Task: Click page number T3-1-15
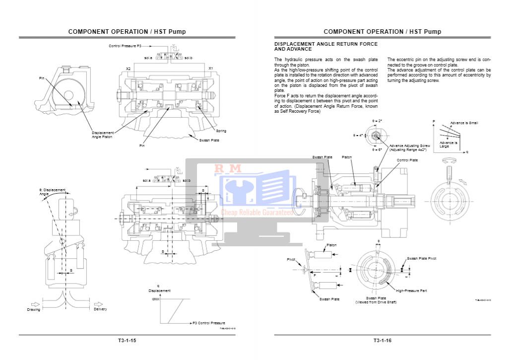(x=127, y=341)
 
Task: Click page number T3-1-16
(x=382, y=341)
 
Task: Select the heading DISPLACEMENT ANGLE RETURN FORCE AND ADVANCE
(x=326, y=47)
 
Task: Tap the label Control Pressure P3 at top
(x=125, y=46)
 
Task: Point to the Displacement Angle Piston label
(x=103, y=135)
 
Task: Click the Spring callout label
(x=221, y=131)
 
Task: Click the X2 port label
(x=128, y=69)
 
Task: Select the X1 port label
(x=211, y=69)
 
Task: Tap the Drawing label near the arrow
(x=34, y=309)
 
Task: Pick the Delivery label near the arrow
(x=100, y=309)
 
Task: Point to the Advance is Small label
(x=464, y=123)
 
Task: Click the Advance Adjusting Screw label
(x=409, y=146)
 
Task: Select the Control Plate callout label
(x=407, y=160)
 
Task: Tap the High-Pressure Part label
(x=412, y=290)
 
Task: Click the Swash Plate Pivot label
(x=422, y=259)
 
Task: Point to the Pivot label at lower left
(x=291, y=260)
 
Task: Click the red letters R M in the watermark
(x=228, y=168)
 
